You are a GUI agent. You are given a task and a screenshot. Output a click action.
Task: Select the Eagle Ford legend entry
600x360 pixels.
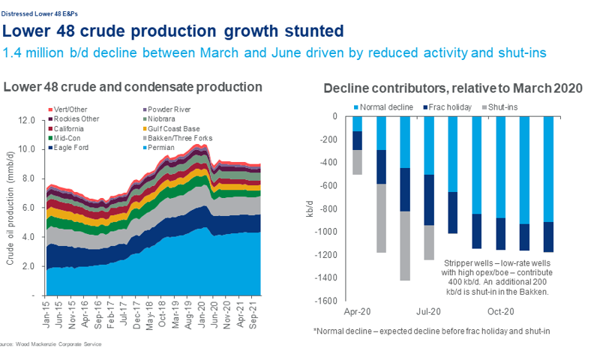72,148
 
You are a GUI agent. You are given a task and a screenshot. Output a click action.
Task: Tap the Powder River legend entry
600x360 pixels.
167,109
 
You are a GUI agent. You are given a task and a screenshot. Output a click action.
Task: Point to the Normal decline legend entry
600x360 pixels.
385,107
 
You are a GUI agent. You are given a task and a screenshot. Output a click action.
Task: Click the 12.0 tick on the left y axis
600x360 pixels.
27,120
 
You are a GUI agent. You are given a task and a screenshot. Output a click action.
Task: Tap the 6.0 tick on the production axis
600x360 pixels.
29,208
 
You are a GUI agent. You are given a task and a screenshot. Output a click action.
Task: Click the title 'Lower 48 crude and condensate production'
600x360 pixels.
133,87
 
